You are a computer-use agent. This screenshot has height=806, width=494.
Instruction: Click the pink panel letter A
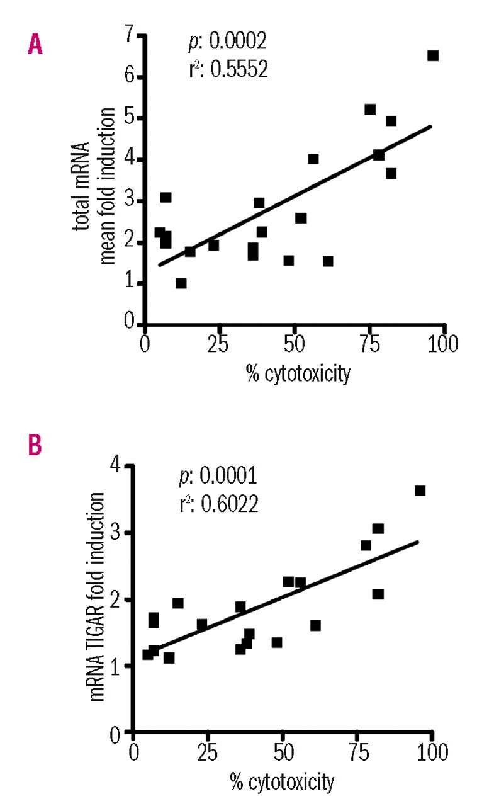point(35,44)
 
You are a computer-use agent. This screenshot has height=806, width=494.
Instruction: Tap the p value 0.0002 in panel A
point(224,42)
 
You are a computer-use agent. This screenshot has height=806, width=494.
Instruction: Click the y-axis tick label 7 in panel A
point(130,36)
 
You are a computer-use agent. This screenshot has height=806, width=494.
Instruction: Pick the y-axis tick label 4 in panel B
point(115,467)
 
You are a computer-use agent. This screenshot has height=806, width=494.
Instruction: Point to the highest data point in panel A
point(432,55)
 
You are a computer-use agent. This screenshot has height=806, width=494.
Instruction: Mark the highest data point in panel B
point(420,491)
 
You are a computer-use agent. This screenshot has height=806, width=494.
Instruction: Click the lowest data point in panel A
point(181,283)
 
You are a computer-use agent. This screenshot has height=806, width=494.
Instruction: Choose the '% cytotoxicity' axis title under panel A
point(297,375)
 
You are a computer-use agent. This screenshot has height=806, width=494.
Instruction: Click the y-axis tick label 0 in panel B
point(115,734)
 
